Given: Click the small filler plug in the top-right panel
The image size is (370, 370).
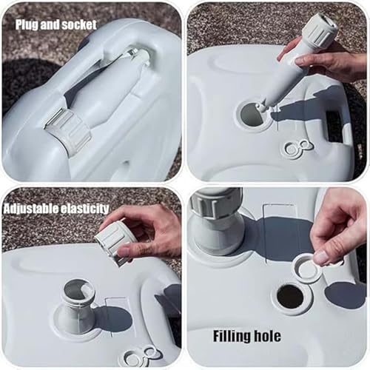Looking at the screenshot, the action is click(x=297, y=149).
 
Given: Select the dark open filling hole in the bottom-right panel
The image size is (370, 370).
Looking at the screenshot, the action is click(x=290, y=297).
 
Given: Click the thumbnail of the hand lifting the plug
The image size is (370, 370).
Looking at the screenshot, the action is click(x=322, y=257).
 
